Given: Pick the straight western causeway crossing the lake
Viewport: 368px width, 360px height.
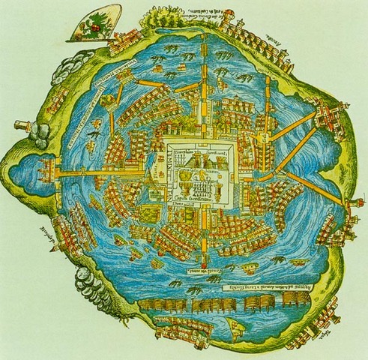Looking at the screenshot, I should (x=112, y=174).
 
